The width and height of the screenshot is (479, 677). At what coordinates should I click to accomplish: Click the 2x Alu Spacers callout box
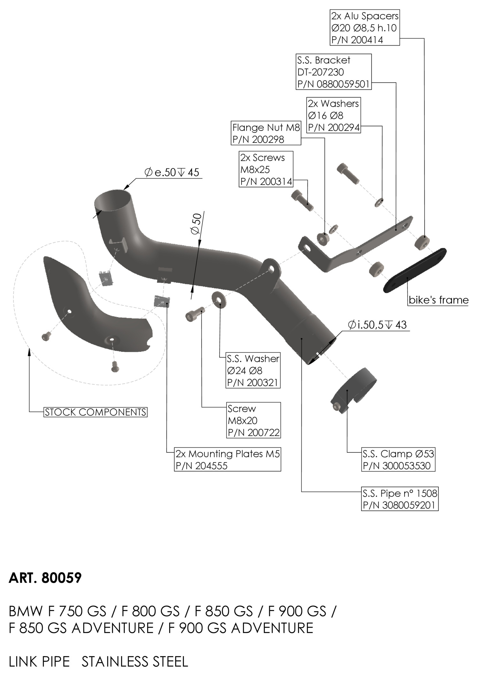[x=364, y=28]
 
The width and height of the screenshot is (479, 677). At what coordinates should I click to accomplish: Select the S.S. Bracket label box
[x=334, y=72]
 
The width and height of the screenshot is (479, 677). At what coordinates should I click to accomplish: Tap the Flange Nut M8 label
[x=266, y=133]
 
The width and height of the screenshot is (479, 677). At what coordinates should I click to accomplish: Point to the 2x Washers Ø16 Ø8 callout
[x=333, y=115]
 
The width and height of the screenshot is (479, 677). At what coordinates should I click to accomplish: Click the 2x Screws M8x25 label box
[x=266, y=169]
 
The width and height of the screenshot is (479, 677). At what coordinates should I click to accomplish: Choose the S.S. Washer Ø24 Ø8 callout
[x=253, y=370]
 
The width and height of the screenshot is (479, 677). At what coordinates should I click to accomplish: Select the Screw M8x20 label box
[x=254, y=420]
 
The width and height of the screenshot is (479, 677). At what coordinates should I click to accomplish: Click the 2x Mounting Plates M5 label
[x=228, y=459]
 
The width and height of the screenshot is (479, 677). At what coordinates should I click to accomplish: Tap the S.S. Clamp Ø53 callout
[x=398, y=459]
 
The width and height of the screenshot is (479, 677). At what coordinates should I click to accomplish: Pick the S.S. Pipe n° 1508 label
[x=399, y=499]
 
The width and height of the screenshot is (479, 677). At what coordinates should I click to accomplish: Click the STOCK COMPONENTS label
[x=95, y=412]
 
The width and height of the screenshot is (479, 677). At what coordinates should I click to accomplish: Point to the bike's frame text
[x=438, y=300]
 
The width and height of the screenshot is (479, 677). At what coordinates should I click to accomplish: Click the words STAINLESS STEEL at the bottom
[x=135, y=662]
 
